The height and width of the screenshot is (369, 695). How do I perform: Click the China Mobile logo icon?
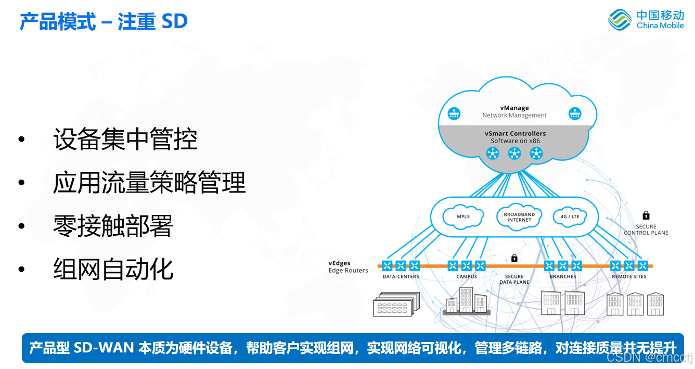(x=620, y=19)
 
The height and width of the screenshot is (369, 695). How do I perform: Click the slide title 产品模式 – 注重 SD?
(x=104, y=22)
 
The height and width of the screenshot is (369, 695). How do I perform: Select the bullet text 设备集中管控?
(x=125, y=140)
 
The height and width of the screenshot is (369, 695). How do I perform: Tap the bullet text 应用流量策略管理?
(x=149, y=183)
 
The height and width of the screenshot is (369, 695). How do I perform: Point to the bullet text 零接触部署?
(x=113, y=226)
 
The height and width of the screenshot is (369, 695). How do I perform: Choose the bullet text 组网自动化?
(x=113, y=269)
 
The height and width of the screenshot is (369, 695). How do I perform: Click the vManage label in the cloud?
(x=514, y=108)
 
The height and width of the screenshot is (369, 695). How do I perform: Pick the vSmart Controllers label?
(x=515, y=134)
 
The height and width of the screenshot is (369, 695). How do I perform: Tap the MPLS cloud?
(x=463, y=217)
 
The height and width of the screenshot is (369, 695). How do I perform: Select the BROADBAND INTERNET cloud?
(x=519, y=217)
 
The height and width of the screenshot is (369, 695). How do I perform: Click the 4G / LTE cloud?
(x=570, y=217)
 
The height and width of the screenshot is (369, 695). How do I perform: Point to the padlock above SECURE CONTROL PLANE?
(x=646, y=215)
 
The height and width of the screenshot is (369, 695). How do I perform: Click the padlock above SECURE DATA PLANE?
(x=514, y=258)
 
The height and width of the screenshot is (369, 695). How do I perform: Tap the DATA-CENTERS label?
(x=401, y=277)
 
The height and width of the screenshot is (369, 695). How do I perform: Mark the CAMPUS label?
(x=467, y=277)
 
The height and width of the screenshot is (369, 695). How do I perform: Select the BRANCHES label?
(x=563, y=277)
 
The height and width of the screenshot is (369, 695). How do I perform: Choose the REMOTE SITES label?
(x=629, y=277)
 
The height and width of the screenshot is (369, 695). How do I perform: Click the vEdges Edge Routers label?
(x=348, y=267)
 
